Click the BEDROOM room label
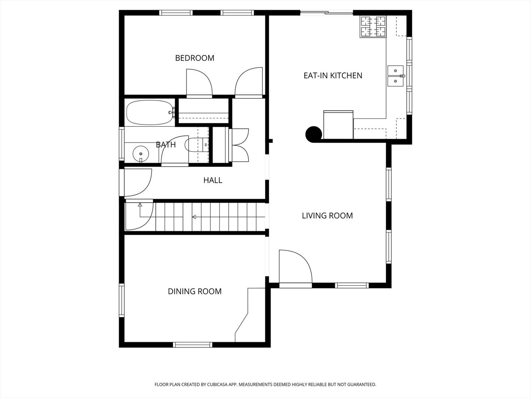click(194, 58)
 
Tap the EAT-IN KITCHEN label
click(333, 76)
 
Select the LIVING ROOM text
click(327, 216)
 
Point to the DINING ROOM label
click(195, 291)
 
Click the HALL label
click(213, 180)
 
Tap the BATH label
click(166, 145)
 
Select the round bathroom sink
click(140, 152)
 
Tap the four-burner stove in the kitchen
click(373, 27)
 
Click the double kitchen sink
click(395, 76)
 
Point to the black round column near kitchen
click(313, 134)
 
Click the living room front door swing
click(295, 267)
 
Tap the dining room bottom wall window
click(192, 345)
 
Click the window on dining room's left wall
click(121, 300)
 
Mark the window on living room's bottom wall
click(351, 285)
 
